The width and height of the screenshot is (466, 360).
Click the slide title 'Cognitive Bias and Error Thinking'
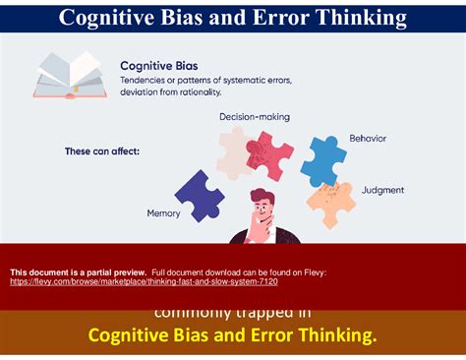pos(233,17)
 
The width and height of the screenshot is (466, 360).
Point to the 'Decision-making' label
pos(254,117)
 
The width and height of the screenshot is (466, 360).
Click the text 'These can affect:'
pos(102,150)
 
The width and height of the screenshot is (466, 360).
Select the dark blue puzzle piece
pos(200,194)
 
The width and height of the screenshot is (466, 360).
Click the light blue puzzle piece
pos(322,159)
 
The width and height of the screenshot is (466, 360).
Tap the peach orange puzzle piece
pos(330,202)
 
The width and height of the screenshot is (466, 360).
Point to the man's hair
pos(265,201)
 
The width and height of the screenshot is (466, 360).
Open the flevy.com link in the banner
pos(144,281)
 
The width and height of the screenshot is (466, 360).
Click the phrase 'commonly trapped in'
pos(232,313)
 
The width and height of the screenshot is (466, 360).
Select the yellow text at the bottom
pos(232,336)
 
